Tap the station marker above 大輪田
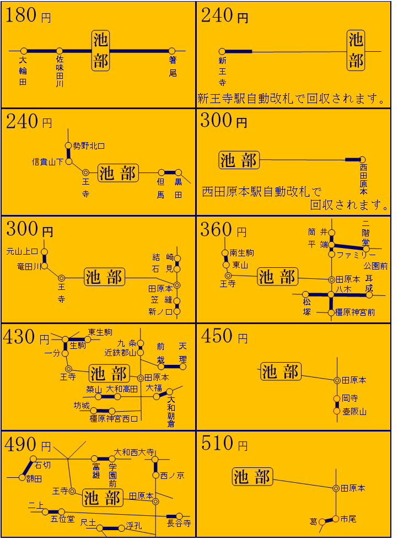coord(24,51)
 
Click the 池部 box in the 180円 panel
coord(101,51)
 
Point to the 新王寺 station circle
coord(222,51)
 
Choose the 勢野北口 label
coord(89,146)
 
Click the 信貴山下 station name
coord(47,162)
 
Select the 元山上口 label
coord(22,251)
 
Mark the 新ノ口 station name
coord(160,312)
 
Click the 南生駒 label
coord(242,253)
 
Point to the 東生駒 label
coord(100,332)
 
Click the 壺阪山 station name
coord(354,411)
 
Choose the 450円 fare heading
coord(224,336)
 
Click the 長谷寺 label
coord(179,522)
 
